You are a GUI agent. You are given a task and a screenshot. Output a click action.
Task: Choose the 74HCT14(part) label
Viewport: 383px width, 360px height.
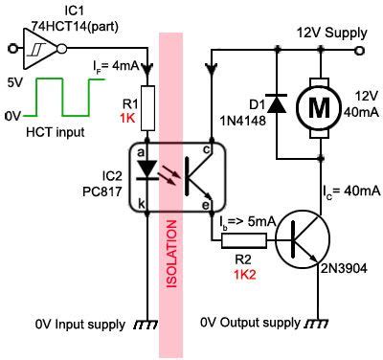(64, 23)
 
